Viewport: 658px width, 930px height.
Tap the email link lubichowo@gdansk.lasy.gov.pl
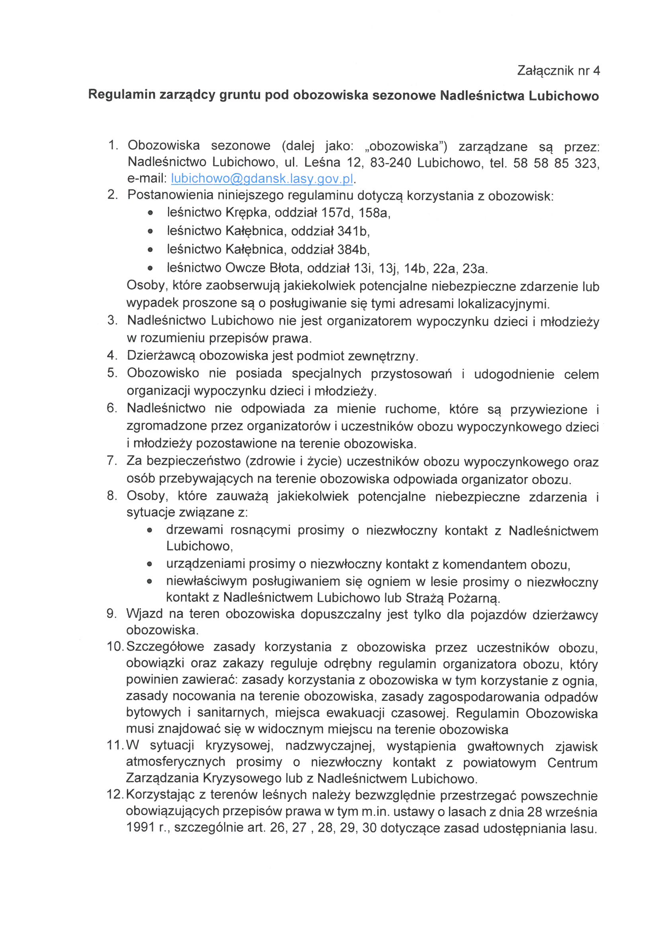(262, 179)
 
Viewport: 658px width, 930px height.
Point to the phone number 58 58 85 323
(555, 163)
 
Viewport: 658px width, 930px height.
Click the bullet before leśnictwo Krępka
(150, 213)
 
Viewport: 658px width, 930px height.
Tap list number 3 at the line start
(112, 320)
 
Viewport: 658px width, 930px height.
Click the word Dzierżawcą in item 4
(161, 356)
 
